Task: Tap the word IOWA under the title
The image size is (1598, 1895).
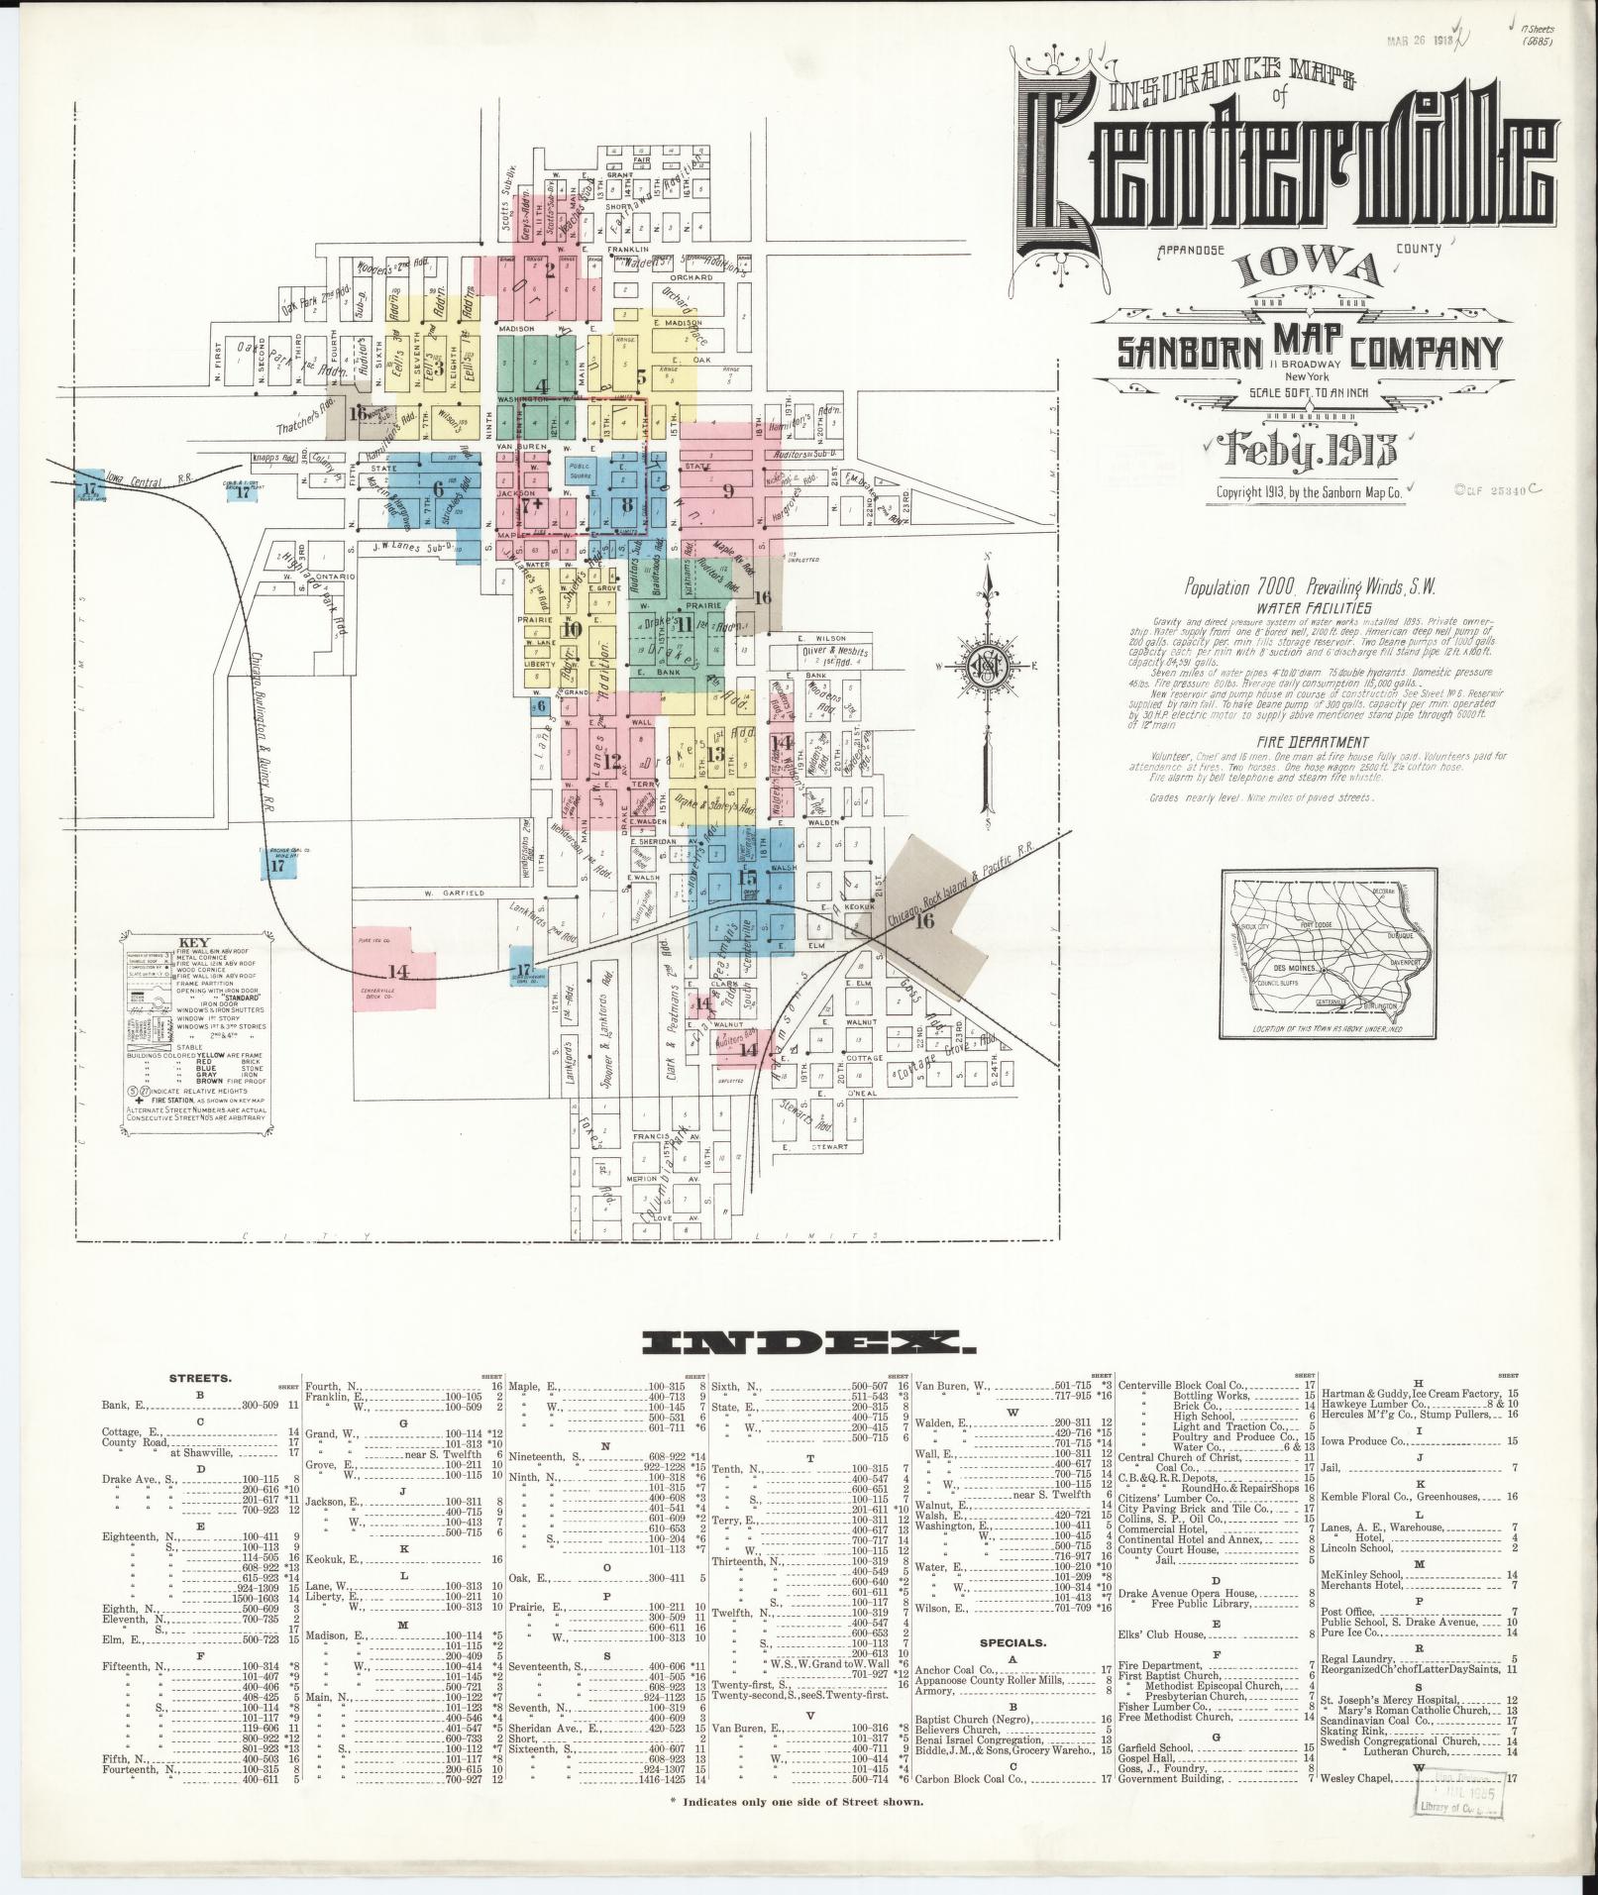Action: coord(1308,271)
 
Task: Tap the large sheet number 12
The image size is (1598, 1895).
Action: coord(612,762)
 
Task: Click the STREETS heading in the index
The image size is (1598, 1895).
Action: coord(201,1377)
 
